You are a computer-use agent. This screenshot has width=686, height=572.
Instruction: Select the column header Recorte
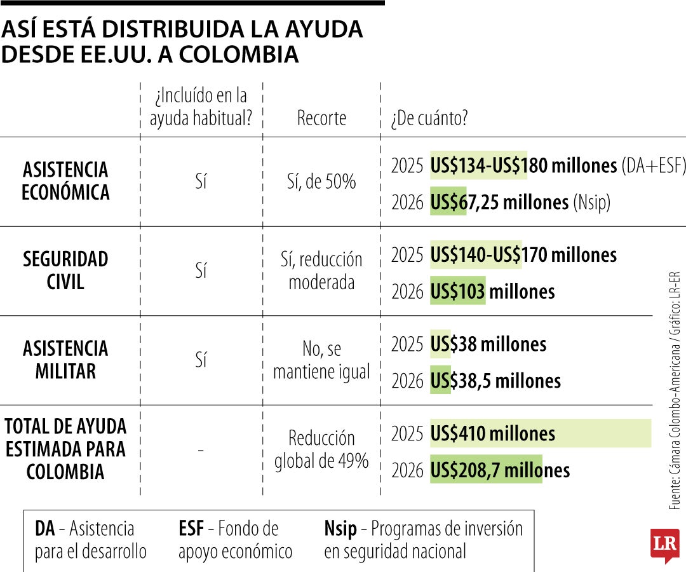coord(321,118)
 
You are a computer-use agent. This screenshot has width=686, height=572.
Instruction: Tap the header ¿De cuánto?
coord(429,118)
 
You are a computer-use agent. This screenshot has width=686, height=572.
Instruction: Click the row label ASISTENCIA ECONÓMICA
coord(65,181)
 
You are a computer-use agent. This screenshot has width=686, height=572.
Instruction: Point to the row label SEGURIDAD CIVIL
coord(65,271)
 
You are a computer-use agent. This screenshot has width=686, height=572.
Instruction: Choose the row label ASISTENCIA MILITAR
coord(65,360)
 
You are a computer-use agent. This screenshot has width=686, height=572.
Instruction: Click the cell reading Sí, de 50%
coord(321,182)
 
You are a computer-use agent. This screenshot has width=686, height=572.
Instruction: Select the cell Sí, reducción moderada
coord(321,271)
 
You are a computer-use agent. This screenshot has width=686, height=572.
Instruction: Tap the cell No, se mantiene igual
coord(321,360)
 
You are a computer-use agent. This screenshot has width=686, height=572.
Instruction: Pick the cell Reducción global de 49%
coord(321,450)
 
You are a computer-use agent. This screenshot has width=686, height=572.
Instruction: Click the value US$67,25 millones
coord(499,202)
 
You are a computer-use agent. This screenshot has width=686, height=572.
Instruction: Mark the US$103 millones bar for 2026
coord(458,292)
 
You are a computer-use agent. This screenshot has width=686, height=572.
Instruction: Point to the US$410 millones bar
coord(540,433)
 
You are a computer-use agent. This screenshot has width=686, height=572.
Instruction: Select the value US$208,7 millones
coord(500,470)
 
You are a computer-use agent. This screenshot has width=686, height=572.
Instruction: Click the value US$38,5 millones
coord(495,381)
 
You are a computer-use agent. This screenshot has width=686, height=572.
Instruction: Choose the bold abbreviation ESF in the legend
coord(191,529)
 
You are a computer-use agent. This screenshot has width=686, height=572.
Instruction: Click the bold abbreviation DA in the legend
coord(44,529)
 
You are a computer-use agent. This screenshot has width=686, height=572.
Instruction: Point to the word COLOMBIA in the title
coord(239,55)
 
